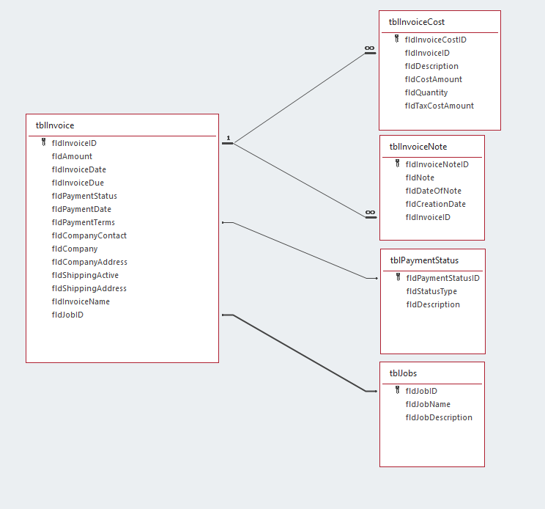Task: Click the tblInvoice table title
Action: coord(55,125)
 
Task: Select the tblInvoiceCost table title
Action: coord(417,22)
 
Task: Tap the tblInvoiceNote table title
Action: coord(418,147)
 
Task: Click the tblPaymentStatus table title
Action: coord(424,260)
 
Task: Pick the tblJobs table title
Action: coord(404,373)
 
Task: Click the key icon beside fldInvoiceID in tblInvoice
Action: coord(44,143)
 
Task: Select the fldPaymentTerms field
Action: coord(83,222)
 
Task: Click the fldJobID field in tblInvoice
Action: coord(67,315)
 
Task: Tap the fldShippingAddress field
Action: coord(89,288)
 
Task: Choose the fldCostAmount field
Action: coord(433,79)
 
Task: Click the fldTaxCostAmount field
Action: coord(439,106)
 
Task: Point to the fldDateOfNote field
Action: coord(433,191)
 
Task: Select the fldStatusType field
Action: coord(431,291)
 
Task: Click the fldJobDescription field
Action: coord(438,417)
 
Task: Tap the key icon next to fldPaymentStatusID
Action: coord(398,278)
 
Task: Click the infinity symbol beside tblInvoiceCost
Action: coord(370,48)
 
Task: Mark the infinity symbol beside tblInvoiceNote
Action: coord(371,213)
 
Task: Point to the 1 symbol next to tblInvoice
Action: coord(228,138)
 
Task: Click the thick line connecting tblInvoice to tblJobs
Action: coord(299,353)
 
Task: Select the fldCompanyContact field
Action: coord(89,235)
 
